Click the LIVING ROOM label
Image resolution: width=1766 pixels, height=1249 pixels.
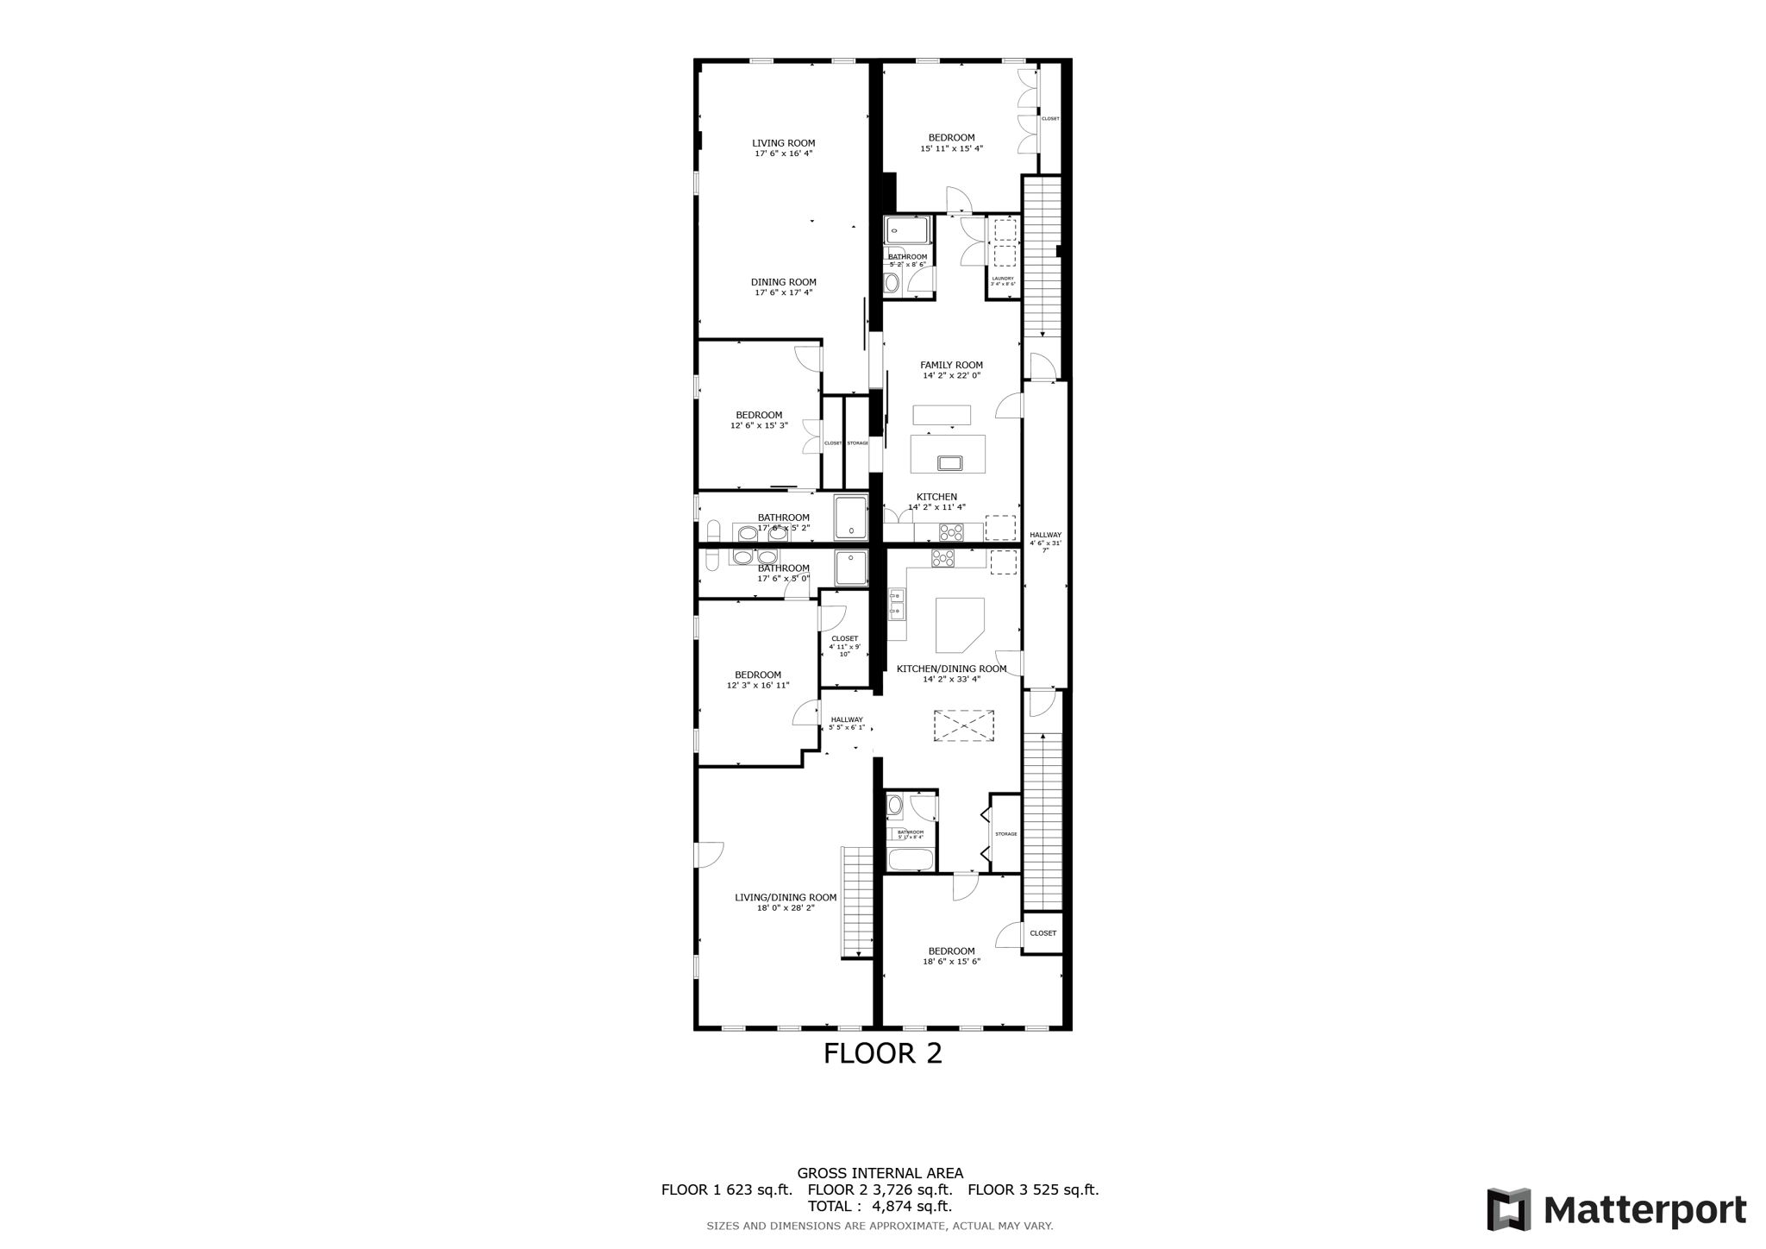(x=783, y=143)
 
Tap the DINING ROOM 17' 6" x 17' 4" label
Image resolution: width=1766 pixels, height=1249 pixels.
(x=783, y=287)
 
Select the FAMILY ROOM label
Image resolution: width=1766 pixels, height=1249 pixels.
(x=951, y=365)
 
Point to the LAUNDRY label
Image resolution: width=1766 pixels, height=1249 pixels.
(x=1003, y=279)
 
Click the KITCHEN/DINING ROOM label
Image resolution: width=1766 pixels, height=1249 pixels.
(x=951, y=668)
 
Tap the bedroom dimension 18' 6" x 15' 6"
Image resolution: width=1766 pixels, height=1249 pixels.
(x=951, y=961)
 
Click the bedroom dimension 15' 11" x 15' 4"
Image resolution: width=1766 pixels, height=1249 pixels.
(x=951, y=148)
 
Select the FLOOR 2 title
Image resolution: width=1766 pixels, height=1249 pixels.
(x=882, y=1053)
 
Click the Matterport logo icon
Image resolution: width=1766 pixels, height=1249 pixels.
(x=1508, y=1209)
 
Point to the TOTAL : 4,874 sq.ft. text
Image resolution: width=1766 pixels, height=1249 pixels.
(x=880, y=1206)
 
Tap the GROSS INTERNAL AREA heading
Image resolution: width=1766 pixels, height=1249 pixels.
(x=880, y=1173)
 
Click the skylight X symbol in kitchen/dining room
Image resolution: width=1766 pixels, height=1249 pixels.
(x=963, y=725)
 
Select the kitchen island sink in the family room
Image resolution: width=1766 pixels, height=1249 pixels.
(x=949, y=463)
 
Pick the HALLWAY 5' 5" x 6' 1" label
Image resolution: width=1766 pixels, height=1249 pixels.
(x=846, y=723)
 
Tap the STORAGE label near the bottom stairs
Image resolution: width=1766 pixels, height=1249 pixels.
(x=1005, y=834)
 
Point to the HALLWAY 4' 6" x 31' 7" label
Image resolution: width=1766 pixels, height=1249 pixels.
(x=1045, y=542)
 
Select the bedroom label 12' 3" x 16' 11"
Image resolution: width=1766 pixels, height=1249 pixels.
(x=757, y=680)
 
